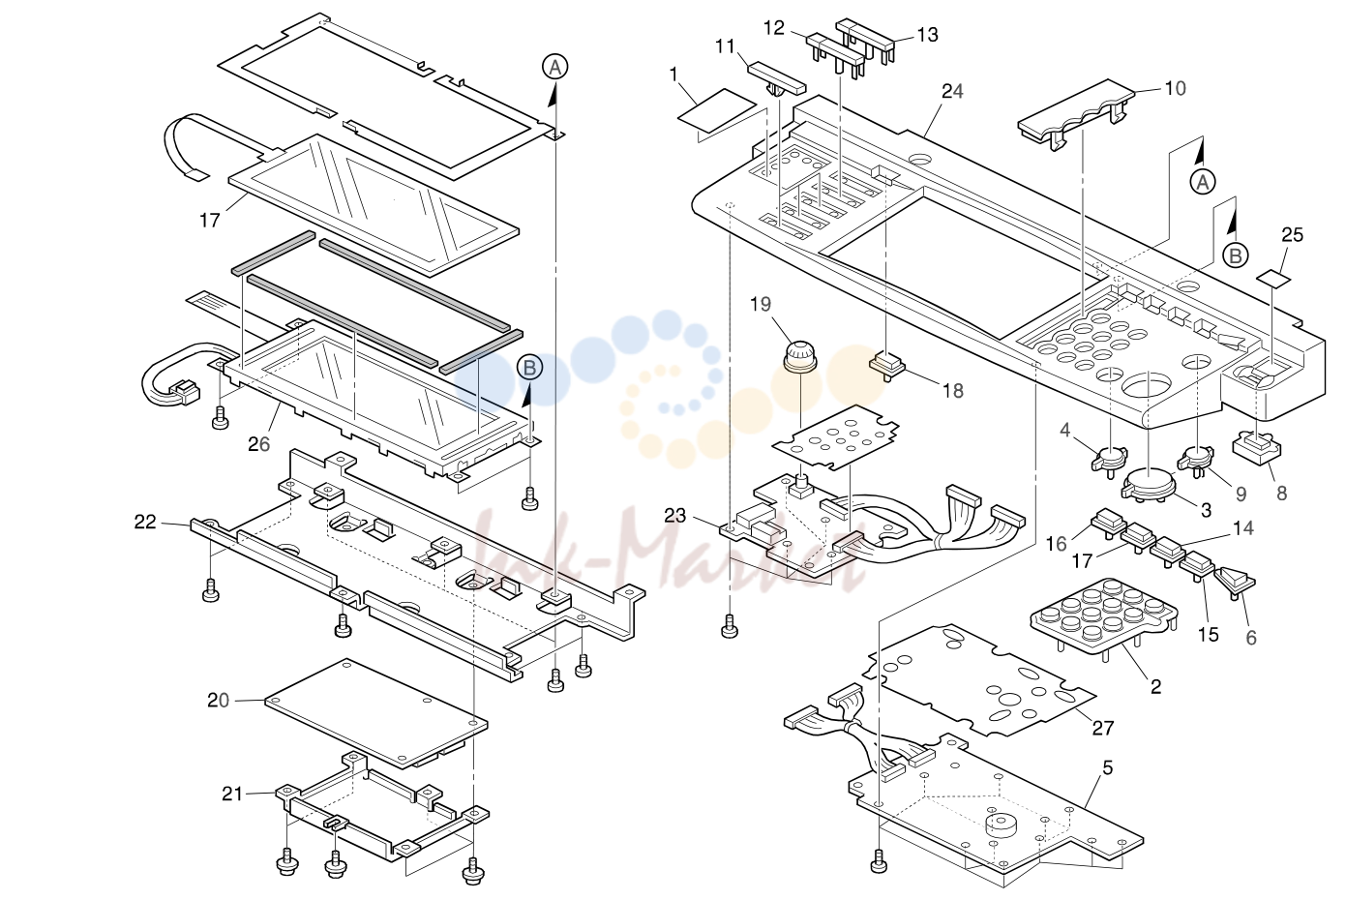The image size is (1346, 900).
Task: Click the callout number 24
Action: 952,91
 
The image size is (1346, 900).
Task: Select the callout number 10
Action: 1176,88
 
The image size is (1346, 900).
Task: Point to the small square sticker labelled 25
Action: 1273,278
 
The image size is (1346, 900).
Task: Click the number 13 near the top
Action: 928,35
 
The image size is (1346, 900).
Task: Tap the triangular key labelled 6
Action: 1235,582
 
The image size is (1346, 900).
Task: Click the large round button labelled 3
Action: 1149,484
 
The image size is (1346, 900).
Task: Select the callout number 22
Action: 145,522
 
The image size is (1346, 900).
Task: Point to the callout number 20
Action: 218,700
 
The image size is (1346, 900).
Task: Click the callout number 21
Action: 232,794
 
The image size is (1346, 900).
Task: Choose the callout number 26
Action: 259,444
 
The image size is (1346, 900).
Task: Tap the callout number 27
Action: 1103,728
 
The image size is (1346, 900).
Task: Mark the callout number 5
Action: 1107,767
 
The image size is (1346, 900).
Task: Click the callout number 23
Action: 674,516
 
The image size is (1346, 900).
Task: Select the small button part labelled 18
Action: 887,366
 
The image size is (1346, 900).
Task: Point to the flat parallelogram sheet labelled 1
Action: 716,110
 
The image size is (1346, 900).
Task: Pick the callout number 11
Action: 726,46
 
